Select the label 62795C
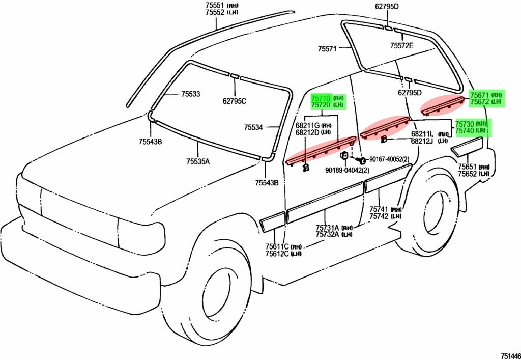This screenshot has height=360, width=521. [234, 101]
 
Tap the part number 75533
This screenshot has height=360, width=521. [190, 94]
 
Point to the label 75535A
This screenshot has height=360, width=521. [197, 162]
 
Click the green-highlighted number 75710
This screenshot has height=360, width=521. [321, 98]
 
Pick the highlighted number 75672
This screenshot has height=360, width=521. [479, 102]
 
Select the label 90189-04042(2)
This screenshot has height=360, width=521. [348, 170]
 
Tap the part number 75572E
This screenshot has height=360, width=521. [402, 45]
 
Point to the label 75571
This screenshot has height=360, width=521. [328, 49]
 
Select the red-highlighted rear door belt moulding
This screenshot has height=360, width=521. [385, 126]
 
